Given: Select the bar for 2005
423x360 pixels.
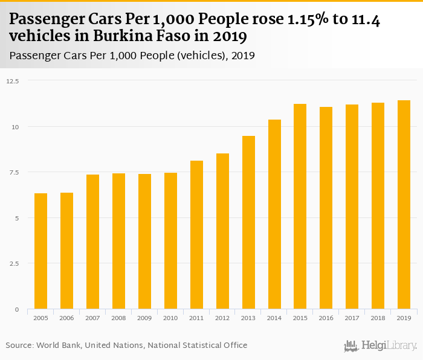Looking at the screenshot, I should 40,251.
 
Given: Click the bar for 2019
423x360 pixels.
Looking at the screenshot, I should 404,205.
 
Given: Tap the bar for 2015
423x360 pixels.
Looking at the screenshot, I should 300,207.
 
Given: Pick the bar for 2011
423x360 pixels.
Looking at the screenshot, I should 196,235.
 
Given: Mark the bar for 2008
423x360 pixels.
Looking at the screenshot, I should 118,241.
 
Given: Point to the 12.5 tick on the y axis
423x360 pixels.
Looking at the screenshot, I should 13,81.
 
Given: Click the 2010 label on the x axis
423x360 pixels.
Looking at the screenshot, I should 170,318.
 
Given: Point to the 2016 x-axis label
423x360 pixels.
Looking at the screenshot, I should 326,318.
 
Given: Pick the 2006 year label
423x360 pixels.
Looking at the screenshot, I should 66,318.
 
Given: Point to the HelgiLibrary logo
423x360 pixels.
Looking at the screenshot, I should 381,346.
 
